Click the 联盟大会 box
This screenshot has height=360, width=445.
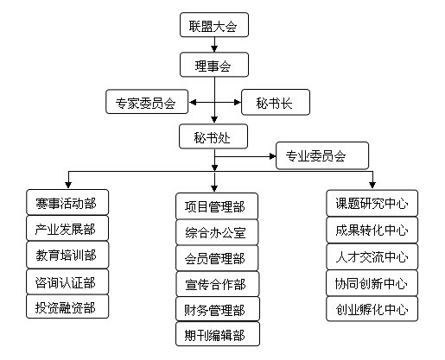click(214, 25)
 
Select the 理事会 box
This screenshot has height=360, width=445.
click(214, 65)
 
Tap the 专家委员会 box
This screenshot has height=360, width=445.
click(147, 102)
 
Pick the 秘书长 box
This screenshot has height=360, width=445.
click(276, 102)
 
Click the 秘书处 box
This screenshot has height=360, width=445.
click(213, 136)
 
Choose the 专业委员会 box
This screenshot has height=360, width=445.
click(322, 155)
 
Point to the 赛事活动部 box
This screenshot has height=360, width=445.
click(67, 202)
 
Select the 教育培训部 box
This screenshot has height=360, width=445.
click(67, 255)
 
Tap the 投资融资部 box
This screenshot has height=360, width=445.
click(67, 306)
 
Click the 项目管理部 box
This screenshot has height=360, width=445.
click(217, 206)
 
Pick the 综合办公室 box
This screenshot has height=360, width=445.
click(217, 232)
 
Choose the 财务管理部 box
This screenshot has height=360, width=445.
click(218, 309)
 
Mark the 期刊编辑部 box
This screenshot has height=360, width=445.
click(218, 334)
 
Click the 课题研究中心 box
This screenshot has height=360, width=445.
click(372, 203)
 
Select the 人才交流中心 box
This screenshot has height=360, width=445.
click(372, 256)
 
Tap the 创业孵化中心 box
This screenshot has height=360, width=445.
click(372, 309)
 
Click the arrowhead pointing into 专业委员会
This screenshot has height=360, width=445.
click(272, 156)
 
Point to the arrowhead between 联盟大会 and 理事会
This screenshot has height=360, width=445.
click(214, 48)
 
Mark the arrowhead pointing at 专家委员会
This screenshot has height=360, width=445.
click(193, 102)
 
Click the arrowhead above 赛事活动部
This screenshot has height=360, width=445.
click(68, 185)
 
